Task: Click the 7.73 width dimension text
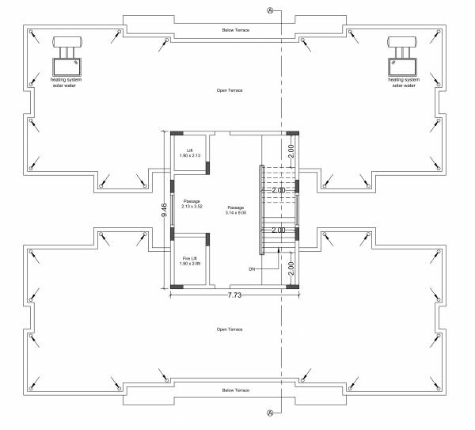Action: tap(234, 294)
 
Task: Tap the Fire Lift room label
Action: tap(190, 260)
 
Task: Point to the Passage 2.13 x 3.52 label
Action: tap(190, 204)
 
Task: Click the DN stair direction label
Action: tap(251, 269)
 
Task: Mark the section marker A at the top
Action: tap(271, 11)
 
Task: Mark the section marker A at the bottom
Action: tap(271, 413)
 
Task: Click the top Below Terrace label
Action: tap(235, 29)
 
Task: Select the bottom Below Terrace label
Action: tap(235, 390)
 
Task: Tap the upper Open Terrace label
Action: tap(230, 90)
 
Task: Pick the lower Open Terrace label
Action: tap(230, 329)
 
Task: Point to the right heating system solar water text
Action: tap(403, 82)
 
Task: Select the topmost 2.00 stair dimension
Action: tap(291, 148)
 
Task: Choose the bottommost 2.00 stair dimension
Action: tap(291, 267)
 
